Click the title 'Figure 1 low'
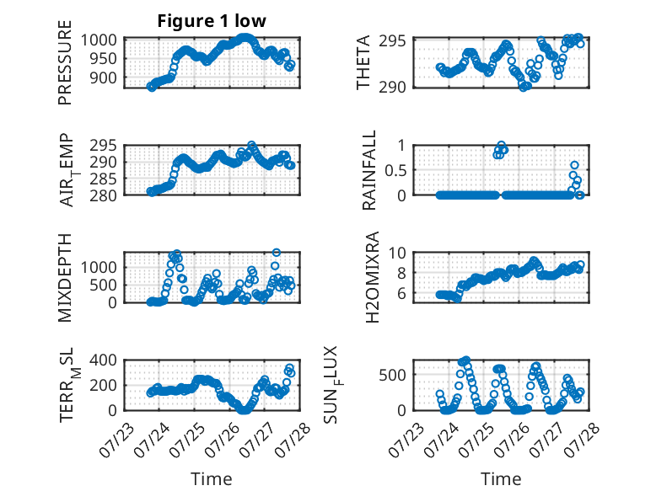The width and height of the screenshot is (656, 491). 212,21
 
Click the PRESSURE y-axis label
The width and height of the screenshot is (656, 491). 65,62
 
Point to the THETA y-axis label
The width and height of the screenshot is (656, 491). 363,62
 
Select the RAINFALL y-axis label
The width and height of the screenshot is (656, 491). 369,170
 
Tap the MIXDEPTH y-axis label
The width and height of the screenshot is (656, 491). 65,278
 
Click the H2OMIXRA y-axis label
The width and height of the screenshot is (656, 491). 372,277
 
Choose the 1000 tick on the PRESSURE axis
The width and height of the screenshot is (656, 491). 99,40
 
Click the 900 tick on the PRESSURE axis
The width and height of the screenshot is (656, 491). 103,77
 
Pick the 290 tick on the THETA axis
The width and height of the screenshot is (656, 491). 392,88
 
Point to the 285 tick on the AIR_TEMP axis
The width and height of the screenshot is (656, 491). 103,179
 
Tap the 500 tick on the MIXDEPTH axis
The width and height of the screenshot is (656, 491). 103,285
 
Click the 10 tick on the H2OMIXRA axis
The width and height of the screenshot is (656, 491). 397,253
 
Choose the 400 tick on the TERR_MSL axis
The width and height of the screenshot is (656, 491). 103,360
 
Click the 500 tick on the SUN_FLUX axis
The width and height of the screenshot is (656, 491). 392,375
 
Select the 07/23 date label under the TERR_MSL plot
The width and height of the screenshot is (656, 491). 117,440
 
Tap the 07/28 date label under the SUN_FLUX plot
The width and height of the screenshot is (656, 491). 582,440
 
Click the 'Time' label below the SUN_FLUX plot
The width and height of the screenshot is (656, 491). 501,479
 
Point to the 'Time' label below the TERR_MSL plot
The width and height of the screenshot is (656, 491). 212,479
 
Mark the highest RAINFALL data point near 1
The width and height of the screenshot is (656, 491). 502,145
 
